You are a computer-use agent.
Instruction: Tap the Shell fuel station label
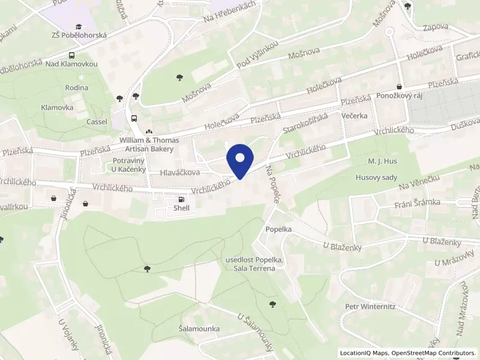point(181,208)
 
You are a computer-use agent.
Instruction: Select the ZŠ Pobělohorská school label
point(79,35)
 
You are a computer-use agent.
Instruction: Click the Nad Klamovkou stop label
point(71,64)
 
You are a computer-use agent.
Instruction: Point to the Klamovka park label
point(57,107)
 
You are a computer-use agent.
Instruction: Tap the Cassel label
point(97,122)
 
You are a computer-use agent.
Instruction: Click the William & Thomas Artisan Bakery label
point(149,144)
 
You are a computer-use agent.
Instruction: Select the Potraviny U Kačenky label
point(130,165)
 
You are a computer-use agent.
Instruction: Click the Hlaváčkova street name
point(180,173)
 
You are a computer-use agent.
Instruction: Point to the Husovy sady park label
point(377,178)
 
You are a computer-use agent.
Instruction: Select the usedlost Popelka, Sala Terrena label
point(250,264)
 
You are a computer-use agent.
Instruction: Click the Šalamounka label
point(199,329)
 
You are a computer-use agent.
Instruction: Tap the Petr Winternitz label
point(370,307)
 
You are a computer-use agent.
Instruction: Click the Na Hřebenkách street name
point(230,13)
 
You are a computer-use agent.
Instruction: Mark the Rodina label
point(77,88)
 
